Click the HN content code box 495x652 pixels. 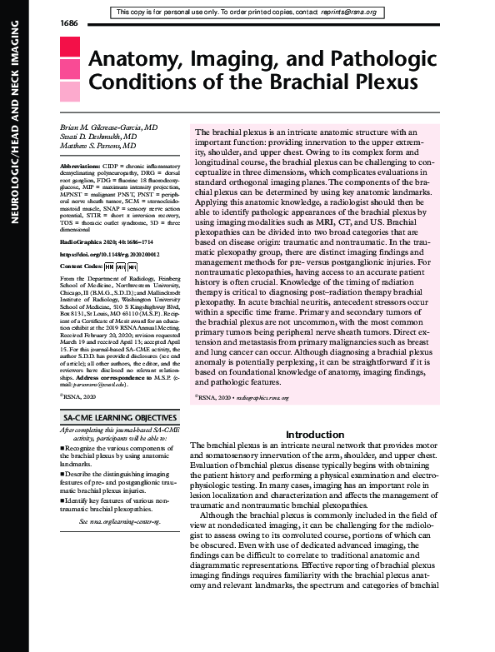pyautogui.click(x=107, y=266)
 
